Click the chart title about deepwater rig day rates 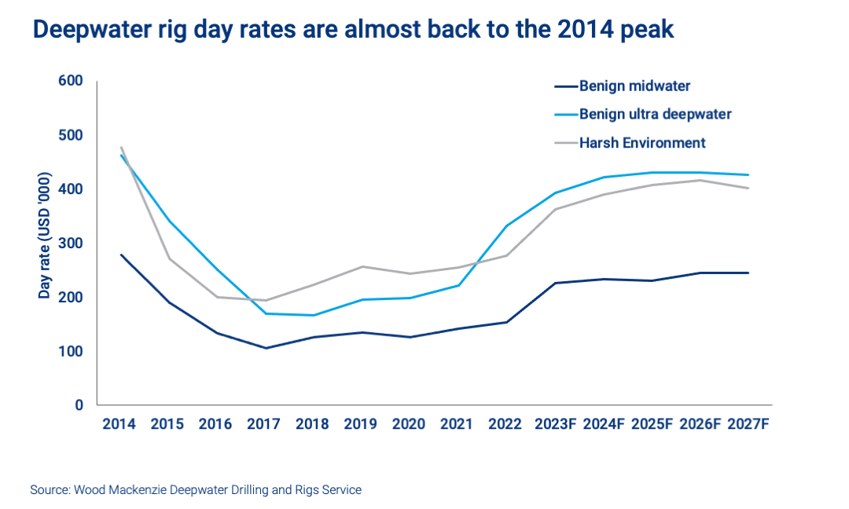pos(353,30)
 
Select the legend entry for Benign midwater pos(634,86)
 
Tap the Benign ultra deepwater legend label pos(655,114)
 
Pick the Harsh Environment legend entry pos(642,142)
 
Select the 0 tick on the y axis pos(79,405)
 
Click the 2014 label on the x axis pos(119,424)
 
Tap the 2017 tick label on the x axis pos(263,424)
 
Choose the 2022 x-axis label pos(505,424)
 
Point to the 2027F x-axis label pos(748,424)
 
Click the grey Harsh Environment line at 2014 pos(121,148)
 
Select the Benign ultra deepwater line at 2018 pos(313,315)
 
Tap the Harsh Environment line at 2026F pos(700,181)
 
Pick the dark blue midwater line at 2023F pos(555,283)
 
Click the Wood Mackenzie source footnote pos(196,490)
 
